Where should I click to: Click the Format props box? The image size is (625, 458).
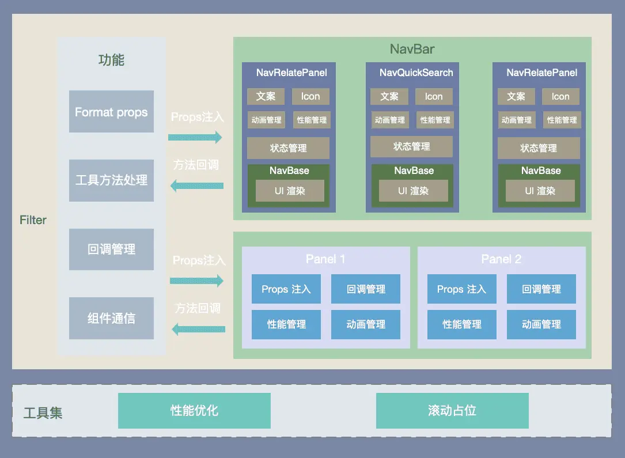[111, 111]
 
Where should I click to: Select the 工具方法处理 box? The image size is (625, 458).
[111, 180]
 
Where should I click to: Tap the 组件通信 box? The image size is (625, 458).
[111, 318]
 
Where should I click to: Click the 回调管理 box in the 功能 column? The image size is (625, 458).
[111, 249]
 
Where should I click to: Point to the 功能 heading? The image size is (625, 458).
[111, 60]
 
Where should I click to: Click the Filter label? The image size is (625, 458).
[33, 220]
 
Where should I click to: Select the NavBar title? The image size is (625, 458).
[412, 49]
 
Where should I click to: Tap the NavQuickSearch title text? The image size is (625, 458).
[416, 73]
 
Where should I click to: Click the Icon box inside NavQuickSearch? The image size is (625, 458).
[434, 96]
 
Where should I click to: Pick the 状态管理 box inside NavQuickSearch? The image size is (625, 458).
[411, 146]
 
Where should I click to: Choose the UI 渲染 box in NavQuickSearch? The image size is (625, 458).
[414, 191]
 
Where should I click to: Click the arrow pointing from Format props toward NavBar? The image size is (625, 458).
[195, 137]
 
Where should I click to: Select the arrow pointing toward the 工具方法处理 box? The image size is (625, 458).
[197, 186]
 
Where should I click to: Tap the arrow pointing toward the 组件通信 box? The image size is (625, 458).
[199, 330]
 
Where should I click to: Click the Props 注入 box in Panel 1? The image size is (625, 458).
[286, 289]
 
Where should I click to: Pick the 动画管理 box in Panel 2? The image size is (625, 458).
[541, 324]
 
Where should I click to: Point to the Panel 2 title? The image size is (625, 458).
[501, 259]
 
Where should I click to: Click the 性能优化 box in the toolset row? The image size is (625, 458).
[194, 411]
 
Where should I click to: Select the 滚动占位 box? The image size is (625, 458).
[452, 411]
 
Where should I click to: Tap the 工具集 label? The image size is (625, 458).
[43, 413]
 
